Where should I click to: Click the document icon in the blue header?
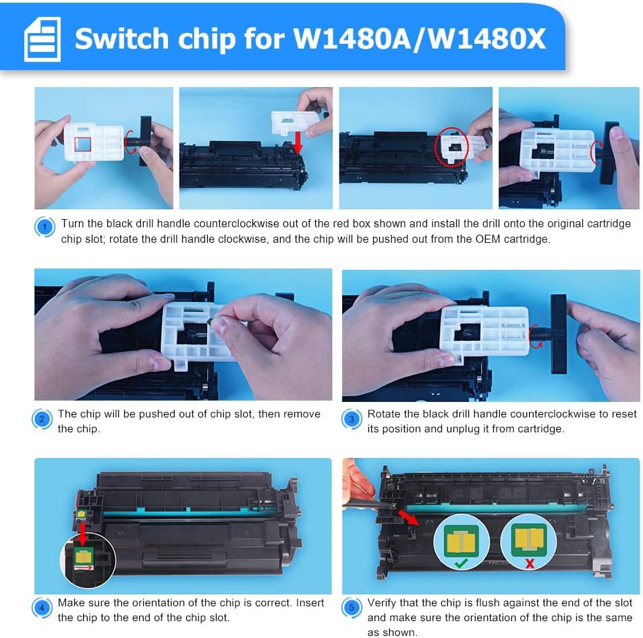click(x=43, y=40)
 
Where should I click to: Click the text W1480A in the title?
click(x=352, y=39)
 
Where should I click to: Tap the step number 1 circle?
click(x=45, y=227)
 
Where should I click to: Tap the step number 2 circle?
click(x=42, y=419)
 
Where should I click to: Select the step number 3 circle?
click(x=352, y=419)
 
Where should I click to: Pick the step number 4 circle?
click(x=42, y=608)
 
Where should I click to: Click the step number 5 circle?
click(x=352, y=608)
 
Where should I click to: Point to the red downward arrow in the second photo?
click(x=298, y=142)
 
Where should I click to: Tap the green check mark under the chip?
click(x=461, y=563)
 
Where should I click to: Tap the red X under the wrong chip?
click(x=530, y=564)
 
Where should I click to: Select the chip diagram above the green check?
click(x=462, y=540)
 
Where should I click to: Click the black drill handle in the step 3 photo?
click(x=559, y=334)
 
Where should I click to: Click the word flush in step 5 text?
click(x=486, y=603)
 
